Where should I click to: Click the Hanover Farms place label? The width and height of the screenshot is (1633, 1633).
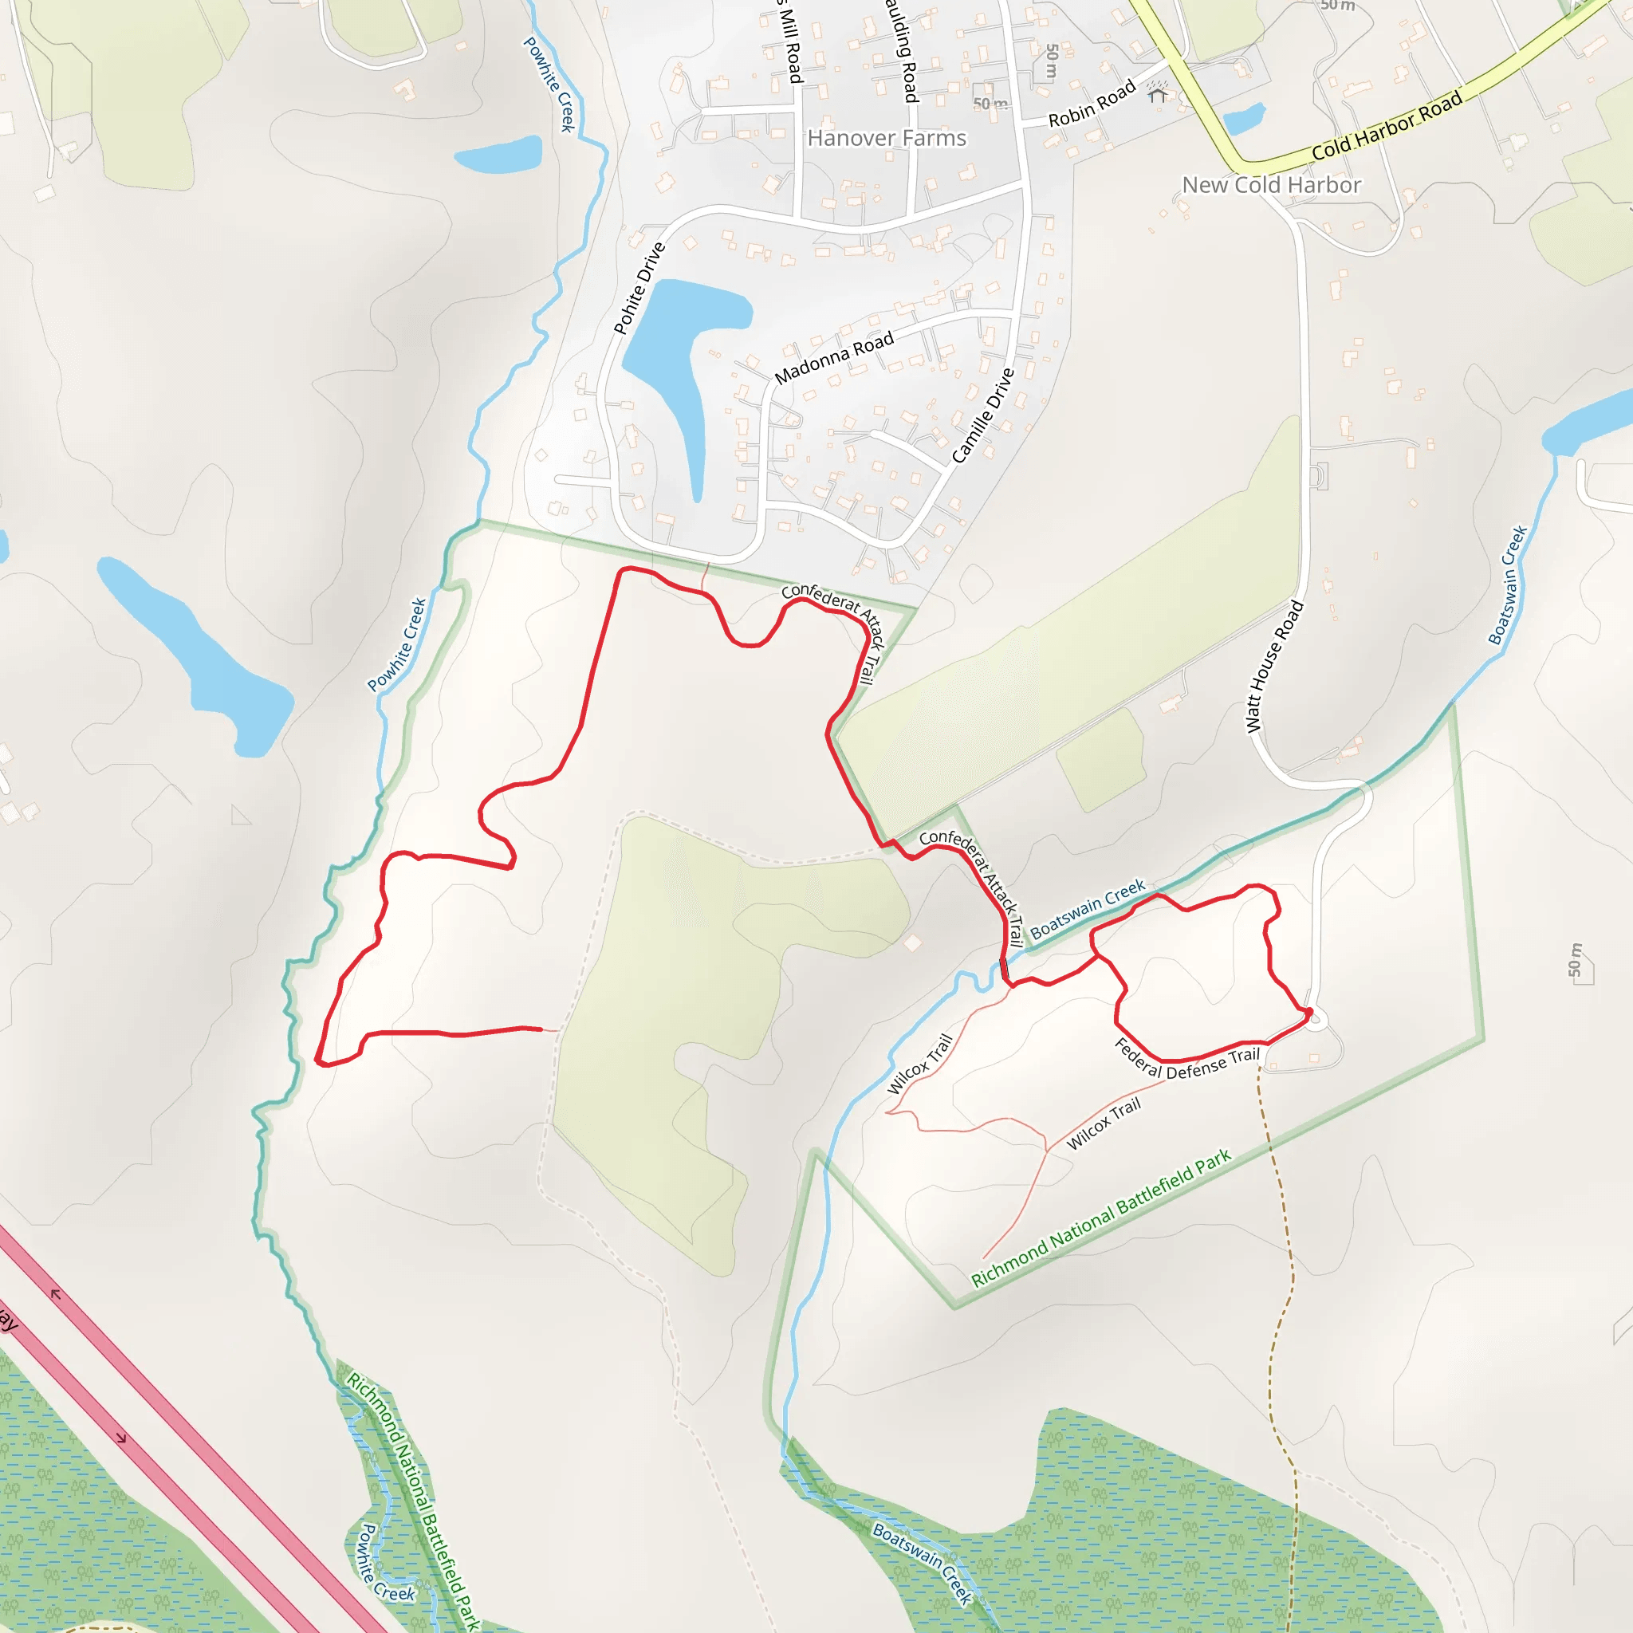(886, 138)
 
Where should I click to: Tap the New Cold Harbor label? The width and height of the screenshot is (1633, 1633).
(1270, 185)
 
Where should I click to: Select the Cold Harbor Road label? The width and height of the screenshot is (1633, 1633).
(1386, 127)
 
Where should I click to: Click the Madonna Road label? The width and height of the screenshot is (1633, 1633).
(834, 357)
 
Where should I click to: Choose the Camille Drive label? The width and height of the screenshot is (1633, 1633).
(982, 416)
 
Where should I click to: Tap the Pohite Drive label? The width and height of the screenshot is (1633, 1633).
(639, 288)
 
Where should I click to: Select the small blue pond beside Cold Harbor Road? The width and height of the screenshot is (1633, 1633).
(1244, 119)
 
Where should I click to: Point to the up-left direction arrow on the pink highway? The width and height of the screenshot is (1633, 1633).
(56, 1294)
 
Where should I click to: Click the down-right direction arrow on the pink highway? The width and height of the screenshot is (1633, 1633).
(121, 1438)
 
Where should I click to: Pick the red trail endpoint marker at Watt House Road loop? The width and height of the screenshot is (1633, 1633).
(1308, 1012)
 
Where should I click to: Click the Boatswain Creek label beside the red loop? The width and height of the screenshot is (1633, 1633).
(1087, 909)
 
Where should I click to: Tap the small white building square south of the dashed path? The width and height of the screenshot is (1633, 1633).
(913, 943)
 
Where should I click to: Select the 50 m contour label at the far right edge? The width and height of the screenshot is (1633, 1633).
(1574, 959)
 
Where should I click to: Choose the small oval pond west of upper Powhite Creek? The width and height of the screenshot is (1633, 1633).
(498, 155)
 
